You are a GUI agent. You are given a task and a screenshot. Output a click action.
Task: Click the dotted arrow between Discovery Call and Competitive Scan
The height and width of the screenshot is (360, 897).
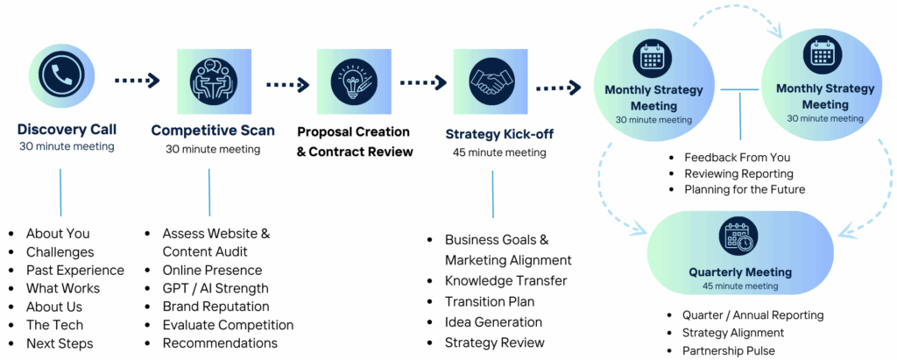[137, 81]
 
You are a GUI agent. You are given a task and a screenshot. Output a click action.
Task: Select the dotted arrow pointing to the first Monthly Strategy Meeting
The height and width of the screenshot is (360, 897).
[558, 88]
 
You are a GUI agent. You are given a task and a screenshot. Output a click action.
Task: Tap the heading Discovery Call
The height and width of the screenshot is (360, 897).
[67, 130]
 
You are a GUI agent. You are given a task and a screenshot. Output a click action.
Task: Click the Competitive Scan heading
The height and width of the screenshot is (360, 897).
[213, 131]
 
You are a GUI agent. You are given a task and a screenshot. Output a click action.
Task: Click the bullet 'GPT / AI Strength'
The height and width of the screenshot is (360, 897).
[215, 288]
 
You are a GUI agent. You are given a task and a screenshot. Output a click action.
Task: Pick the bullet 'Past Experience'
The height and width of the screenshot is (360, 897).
[75, 270]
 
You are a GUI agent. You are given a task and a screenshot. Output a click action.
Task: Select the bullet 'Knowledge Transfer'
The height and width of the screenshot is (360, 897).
[505, 280]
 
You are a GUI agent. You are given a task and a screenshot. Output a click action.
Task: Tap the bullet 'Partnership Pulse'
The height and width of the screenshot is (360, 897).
[728, 350]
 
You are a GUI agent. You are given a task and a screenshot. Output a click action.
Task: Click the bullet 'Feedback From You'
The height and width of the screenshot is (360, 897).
[737, 158]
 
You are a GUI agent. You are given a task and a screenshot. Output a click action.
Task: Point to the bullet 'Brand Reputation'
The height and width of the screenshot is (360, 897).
[215, 307]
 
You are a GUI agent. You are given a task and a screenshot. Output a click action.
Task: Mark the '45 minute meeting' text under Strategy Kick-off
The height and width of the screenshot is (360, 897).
[499, 152]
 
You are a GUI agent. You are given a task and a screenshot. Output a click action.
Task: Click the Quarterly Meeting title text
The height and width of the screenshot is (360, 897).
[740, 272]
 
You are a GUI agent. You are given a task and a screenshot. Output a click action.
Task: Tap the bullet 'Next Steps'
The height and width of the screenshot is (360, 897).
[60, 343]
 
